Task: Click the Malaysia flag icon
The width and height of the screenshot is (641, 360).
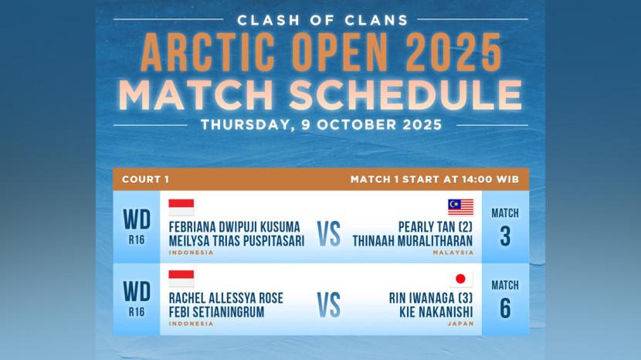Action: (461, 207)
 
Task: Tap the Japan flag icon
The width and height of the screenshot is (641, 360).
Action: (461, 279)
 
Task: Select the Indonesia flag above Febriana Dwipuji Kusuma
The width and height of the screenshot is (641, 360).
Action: (181, 207)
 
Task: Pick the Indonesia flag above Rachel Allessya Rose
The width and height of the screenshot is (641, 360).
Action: (181, 279)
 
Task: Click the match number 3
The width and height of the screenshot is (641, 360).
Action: (505, 236)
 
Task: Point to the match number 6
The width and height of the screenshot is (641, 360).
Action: (505, 308)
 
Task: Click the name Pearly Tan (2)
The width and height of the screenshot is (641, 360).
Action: (436, 227)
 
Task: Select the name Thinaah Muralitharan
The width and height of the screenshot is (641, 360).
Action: (412, 241)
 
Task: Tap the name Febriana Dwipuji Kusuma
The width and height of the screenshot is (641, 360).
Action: (234, 227)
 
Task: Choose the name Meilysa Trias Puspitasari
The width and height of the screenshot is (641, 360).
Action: (236, 241)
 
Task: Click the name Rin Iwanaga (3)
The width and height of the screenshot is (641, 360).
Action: (431, 298)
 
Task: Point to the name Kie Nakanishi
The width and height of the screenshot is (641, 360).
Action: (436, 312)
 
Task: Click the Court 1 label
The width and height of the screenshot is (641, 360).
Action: (145, 179)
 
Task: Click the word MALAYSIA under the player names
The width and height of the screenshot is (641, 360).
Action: (453, 253)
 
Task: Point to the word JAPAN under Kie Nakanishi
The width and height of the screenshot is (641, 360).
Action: (460, 324)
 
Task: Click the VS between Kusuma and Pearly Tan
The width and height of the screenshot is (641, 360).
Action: (329, 234)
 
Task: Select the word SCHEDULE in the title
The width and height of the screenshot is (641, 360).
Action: (405, 94)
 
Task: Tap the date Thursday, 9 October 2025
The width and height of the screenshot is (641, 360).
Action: (321, 125)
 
